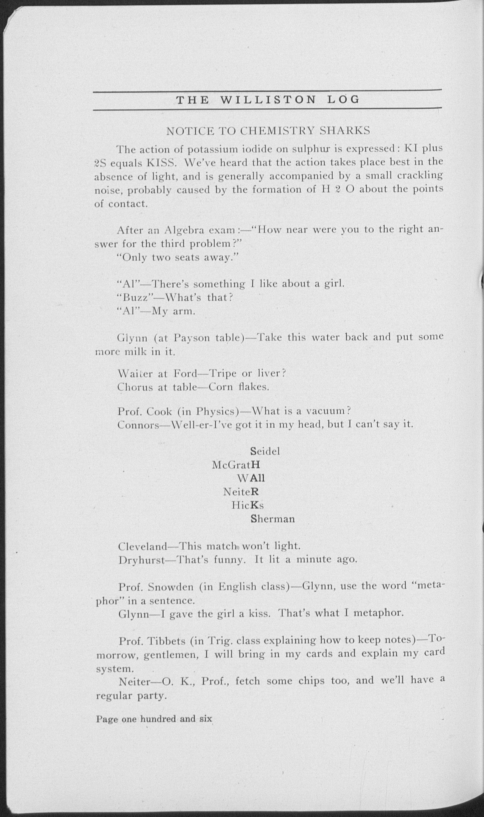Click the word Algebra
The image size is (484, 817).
coord(184,231)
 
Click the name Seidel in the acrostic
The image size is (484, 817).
coord(265,451)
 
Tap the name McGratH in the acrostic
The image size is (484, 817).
coord(236,464)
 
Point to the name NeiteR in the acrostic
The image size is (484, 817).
coord(241,491)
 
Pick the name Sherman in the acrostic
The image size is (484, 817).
coord(272,519)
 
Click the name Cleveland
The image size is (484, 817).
coord(142,546)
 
